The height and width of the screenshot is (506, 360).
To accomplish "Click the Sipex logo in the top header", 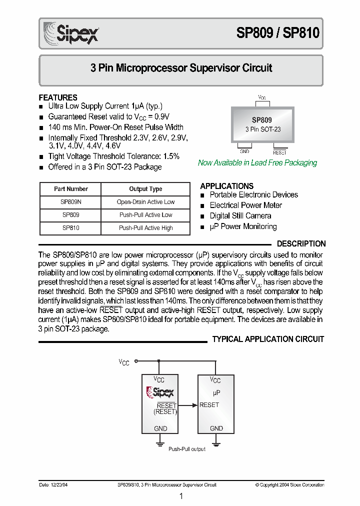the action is [x=71, y=33].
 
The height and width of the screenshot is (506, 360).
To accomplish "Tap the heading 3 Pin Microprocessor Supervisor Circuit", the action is [x=181, y=68].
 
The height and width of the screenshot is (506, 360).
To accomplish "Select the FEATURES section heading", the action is [x=58, y=97].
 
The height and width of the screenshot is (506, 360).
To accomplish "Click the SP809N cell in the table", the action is [x=70, y=202].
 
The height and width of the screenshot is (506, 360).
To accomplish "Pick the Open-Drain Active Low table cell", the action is [x=145, y=202].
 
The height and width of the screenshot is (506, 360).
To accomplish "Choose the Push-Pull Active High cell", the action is [x=145, y=228].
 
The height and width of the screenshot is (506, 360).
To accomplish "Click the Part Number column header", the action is [x=70, y=189].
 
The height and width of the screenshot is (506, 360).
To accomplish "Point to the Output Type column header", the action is [x=145, y=189].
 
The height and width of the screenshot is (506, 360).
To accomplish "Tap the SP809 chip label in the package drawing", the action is [x=262, y=120].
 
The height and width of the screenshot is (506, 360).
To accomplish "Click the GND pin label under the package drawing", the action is [x=244, y=151].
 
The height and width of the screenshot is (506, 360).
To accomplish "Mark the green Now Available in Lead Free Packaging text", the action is [x=257, y=163].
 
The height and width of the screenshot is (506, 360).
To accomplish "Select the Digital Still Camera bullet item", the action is [x=240, y=216].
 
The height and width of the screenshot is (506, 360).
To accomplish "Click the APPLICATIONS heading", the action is [x=226, y=186].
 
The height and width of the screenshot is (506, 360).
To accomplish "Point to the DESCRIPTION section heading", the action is [x=301, y=244].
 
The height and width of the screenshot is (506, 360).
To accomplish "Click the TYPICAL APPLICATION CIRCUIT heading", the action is [x=268, y=339].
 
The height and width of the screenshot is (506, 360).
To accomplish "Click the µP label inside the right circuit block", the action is [x=216, y=393].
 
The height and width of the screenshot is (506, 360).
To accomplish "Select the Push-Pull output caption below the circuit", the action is [x=187, y=449].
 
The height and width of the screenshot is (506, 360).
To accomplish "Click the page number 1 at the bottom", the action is [x=181, y=496].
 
